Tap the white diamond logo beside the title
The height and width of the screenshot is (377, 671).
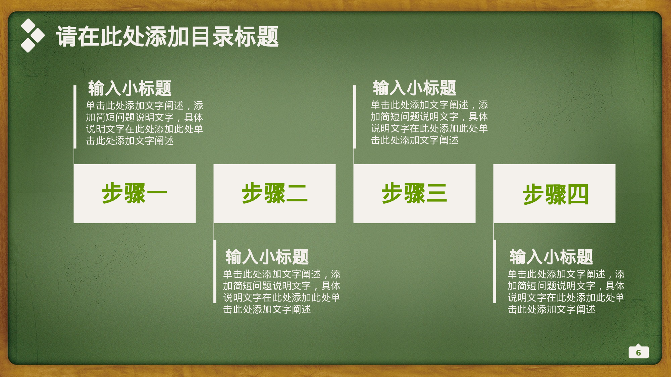32,36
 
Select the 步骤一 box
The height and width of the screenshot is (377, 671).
135,193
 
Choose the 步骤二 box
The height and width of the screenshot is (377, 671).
274,193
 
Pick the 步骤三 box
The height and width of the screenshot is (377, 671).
414,193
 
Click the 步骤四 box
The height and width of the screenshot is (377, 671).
554,193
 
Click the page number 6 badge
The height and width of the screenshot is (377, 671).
638,353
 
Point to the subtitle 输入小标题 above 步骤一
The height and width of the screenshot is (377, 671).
130,88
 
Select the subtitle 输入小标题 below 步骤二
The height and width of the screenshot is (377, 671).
267,257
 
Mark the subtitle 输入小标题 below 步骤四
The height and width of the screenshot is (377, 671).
551,257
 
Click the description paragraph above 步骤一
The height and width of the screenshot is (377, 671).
144,123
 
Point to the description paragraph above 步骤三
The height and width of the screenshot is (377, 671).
429,122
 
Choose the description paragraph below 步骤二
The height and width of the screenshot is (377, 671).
281,292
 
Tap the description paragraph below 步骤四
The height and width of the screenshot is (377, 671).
566,292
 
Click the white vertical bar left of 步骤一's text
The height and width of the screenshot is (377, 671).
75,117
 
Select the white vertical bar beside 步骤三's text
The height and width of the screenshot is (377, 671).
355,117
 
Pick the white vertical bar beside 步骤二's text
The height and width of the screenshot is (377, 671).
215,271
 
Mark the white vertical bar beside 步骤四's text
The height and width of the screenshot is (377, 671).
495,271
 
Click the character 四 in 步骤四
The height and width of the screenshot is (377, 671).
578,194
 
